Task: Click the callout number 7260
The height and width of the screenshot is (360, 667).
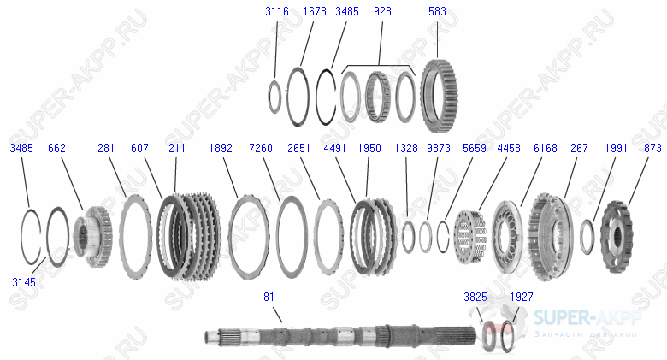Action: (260, 148)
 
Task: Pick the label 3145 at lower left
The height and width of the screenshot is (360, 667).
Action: (23, 280)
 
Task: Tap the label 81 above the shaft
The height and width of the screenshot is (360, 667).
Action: (269, 297)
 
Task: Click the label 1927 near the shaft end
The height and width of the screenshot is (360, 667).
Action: (522, 297)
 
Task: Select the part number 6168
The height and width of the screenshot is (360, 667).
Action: (545, 148)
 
